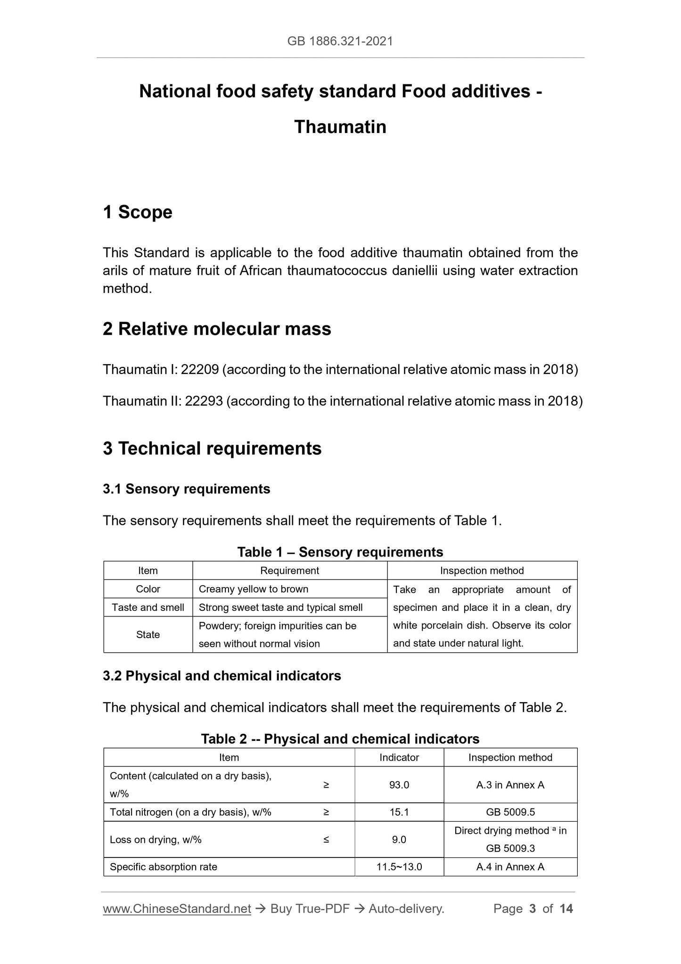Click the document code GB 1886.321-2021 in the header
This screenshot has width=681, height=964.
click(x=340, y=42)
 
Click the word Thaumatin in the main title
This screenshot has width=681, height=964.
click(x=340, y=127)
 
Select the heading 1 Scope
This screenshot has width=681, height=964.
click(x=138, y=212)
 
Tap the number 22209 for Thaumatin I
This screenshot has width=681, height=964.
click(x=200, y=369)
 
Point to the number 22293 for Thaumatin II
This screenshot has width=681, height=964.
click(x=204, y=401)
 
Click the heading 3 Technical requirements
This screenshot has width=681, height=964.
click(x=212, y=448)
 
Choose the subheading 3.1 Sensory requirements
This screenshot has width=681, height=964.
click(x=186, y=489)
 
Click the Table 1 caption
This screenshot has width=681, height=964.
click(x=340, y=552)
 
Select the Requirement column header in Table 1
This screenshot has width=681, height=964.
click(x=289, y=571)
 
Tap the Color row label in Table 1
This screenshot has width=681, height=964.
click(x=148, y=589)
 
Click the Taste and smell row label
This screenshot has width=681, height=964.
click(x=148, y=607)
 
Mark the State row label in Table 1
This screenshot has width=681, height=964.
click(x=148, y=635)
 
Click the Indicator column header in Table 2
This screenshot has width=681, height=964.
click(x=399, y=757)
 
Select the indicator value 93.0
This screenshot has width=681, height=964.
click(x=399, y=785)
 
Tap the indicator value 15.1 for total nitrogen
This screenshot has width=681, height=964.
click(x=399, y=812)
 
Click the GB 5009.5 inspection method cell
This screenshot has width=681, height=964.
click(x=510, y=812)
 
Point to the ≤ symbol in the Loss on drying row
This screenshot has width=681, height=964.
click(x=326, y=839)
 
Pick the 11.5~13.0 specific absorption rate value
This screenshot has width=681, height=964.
click(x=399, y=867)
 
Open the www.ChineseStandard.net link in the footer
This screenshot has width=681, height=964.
click(x=177, y=909)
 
